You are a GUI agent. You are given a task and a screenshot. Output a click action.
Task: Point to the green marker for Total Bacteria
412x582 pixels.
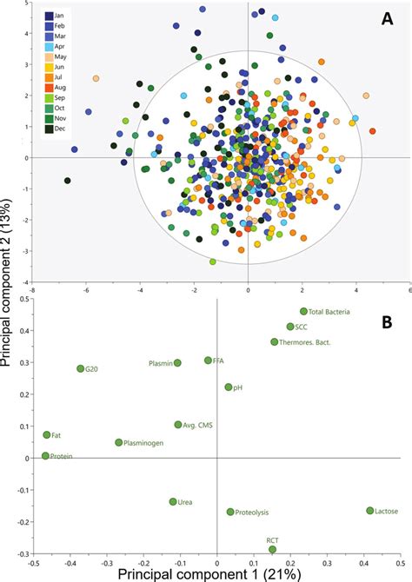click(303, 311)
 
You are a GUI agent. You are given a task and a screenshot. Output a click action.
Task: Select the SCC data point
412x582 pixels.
click(290, 327)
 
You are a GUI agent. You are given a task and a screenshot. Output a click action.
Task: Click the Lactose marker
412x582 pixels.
click(369, 511)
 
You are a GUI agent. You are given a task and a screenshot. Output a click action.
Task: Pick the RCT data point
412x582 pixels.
click(273, 549)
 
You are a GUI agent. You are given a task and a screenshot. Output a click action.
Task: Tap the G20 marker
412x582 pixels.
click(81, 368)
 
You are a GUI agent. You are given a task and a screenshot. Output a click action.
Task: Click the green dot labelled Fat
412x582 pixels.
click(47, 434)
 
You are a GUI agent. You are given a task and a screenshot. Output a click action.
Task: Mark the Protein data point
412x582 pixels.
click(46, 456)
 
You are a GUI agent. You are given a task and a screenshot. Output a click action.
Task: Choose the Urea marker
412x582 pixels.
click(173, 502)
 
